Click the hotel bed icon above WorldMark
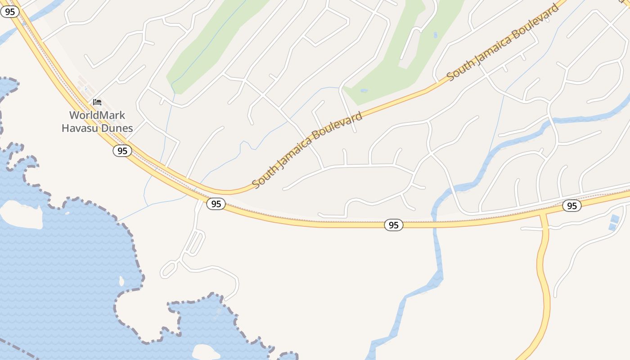[97, 102]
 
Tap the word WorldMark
[97, 115]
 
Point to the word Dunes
[118, 128]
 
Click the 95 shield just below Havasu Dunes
[122, 151]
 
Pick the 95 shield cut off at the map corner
[9, 12]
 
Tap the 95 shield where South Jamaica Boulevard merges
[216, 204]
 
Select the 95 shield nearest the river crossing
[393, 225]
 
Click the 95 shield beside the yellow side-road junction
[571, 206]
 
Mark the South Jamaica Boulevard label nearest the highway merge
[307, 150]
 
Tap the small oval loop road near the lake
[168, 269]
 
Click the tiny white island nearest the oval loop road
[121, 281]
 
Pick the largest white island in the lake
[20, 214]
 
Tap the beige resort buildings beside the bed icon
[84, 85]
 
